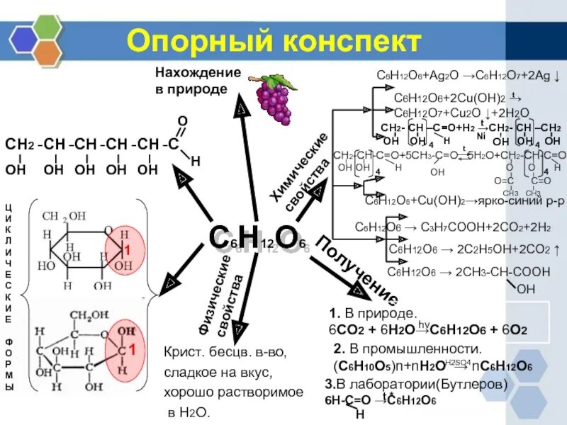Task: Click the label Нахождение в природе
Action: pos(198,81)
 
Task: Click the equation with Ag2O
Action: pos(461,76)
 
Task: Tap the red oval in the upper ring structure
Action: pos(123,252)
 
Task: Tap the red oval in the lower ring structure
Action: pos(123,348)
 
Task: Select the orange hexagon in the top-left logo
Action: pos(48,52)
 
